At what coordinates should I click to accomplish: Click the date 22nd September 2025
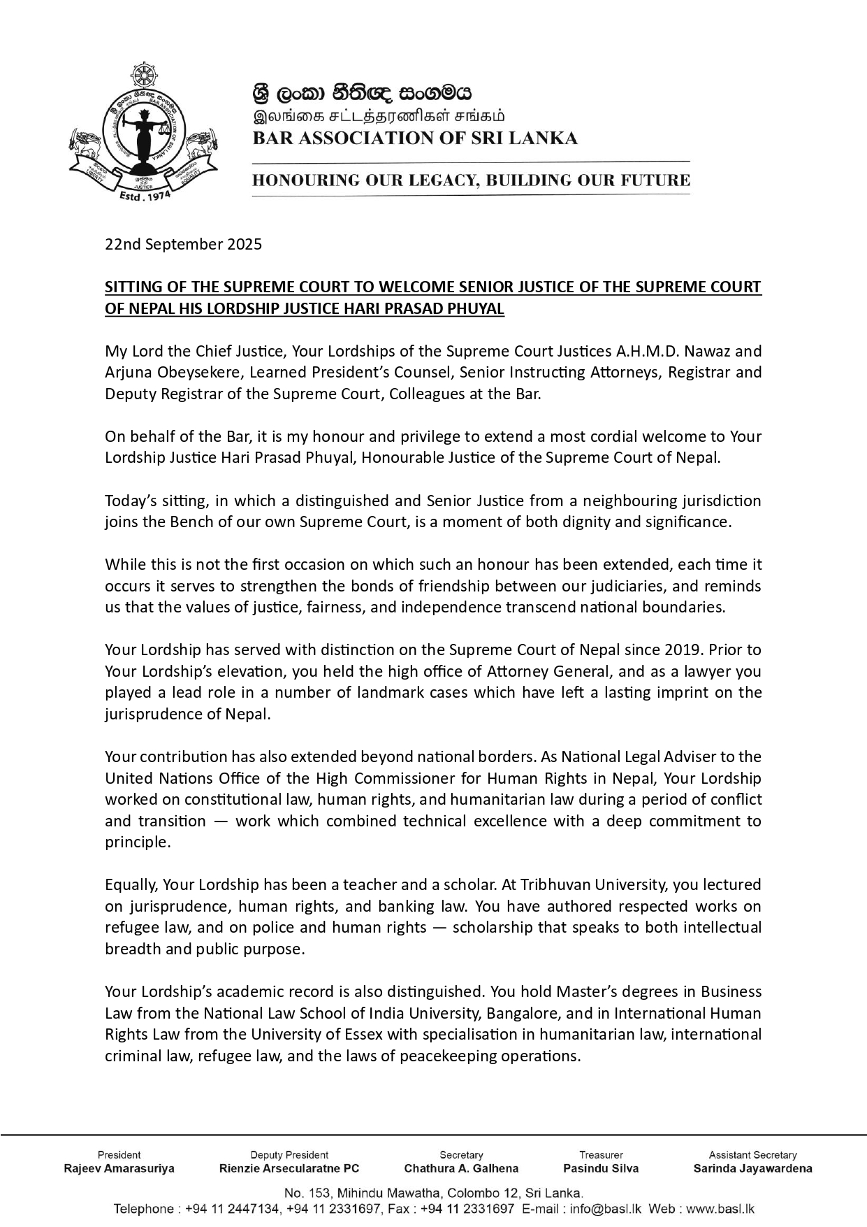tap(183, 244)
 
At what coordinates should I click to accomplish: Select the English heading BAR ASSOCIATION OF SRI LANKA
tap(415, 138)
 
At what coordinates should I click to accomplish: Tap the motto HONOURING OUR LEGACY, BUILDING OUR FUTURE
tap(471, 180)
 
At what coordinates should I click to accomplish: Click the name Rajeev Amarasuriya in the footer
tap(119, 1168)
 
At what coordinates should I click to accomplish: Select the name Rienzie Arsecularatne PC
tap(289, 1168)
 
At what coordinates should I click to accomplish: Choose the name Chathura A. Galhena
tap(461, 1168)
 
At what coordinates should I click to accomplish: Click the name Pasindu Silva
tap(601, 1168)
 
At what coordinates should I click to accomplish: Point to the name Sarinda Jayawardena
tap(752, 1168)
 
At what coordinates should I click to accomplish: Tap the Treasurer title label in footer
tap(601, 1154)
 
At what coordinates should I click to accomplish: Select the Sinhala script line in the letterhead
tap(362, 92)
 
